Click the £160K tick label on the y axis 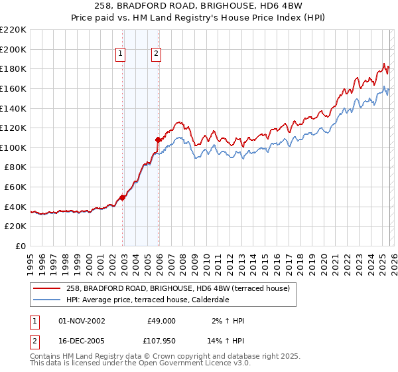(x=13, y=88)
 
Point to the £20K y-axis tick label (x=15, y=227)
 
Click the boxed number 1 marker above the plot (x=121, y=54)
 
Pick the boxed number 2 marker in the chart (x=156, y=54)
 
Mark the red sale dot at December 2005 (x=158, y=140)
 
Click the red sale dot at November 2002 (x=122, y=198)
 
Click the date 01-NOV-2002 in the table (x=82, y=321)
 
